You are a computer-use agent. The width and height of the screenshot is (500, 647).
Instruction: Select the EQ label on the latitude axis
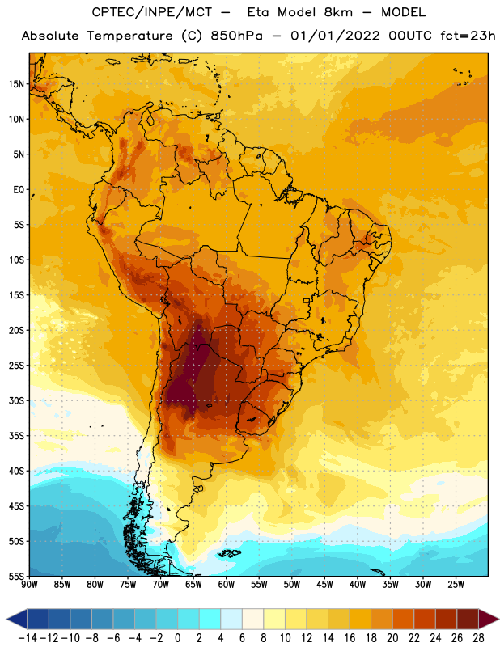coord(19,190)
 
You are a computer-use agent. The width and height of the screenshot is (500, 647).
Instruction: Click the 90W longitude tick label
coord(29,584)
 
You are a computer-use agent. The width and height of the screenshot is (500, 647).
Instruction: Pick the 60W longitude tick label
coord(227,584)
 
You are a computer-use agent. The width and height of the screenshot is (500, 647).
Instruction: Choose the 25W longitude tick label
coord(456,584)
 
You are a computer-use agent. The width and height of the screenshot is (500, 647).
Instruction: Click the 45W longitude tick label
coord(324,584)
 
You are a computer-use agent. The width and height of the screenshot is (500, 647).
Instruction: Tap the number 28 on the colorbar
coord(478,638)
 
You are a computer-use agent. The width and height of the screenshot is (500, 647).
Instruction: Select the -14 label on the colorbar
coord(28,638)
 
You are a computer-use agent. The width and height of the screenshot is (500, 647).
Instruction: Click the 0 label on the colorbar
coord(177,638)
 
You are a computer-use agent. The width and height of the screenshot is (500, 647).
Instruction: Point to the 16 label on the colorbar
coord(350,638)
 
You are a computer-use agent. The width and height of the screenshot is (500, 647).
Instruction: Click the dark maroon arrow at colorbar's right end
coord(489,619)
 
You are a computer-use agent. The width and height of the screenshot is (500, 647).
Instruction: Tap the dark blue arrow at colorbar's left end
coord(17,619)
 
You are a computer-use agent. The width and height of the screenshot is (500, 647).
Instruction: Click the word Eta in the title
coord(258,12)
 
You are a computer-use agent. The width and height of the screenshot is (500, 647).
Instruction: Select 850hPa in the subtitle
coord(236,36)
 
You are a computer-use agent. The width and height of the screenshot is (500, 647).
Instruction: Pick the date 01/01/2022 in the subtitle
coord(335,36)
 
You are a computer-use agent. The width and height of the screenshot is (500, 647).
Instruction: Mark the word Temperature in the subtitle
coord(129,36)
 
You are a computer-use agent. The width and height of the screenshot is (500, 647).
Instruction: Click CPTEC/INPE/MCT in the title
coord(152,12)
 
